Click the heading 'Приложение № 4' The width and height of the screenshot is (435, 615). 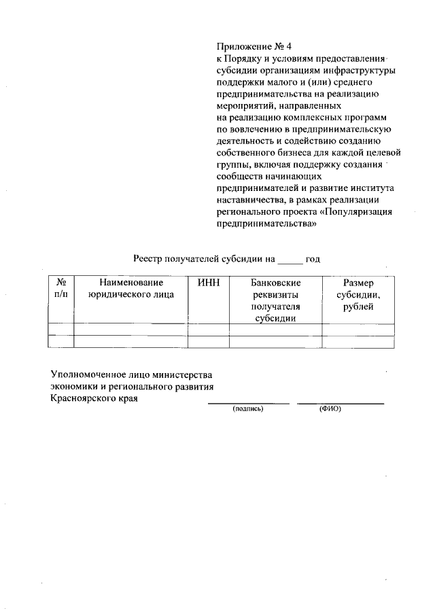point(249,47)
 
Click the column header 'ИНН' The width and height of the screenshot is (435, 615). point(207,283)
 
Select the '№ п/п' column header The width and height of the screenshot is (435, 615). point(60,289)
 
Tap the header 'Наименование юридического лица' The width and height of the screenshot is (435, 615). point(131,289)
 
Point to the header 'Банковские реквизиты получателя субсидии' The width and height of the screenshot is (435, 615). point(275,300)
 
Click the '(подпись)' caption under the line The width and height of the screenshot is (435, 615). point(248,409)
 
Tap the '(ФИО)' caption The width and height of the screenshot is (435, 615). point(330,409)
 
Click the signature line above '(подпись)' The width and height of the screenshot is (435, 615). point(248,403)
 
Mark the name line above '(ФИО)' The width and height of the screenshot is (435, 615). point(341,403)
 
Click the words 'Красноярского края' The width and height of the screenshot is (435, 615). point(94,399)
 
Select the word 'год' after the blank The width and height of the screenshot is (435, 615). point(313,260)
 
